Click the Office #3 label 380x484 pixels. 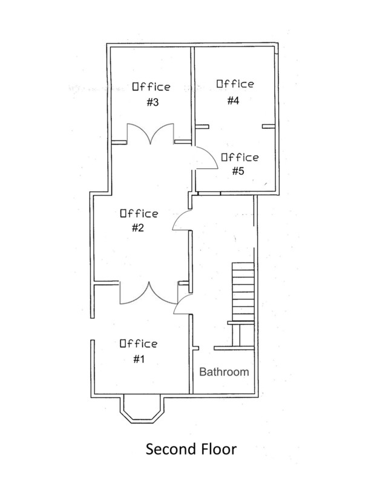(x=151, y=94)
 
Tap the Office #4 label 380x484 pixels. (x=235, y=92)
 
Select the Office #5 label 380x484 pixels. (x=240, y=164)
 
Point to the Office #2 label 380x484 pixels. (x=139, y=220)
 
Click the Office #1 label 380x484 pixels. (x=139, y=351)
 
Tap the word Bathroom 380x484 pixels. (x=224, y=371)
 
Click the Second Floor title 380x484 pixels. (x=191, y=449)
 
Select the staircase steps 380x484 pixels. (x=243, y=292)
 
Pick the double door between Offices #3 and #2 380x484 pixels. (x=150, y=134)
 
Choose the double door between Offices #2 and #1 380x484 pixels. (x=149, y=293)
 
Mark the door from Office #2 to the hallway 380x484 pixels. (x=182, y=220)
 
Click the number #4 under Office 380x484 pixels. (x=233, y=100)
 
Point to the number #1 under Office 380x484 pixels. (x=139, y=359)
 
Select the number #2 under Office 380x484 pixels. (x=138, y=228)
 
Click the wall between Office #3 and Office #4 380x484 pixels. (x=192, y=96)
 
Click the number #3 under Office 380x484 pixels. (x=152, y=103)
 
